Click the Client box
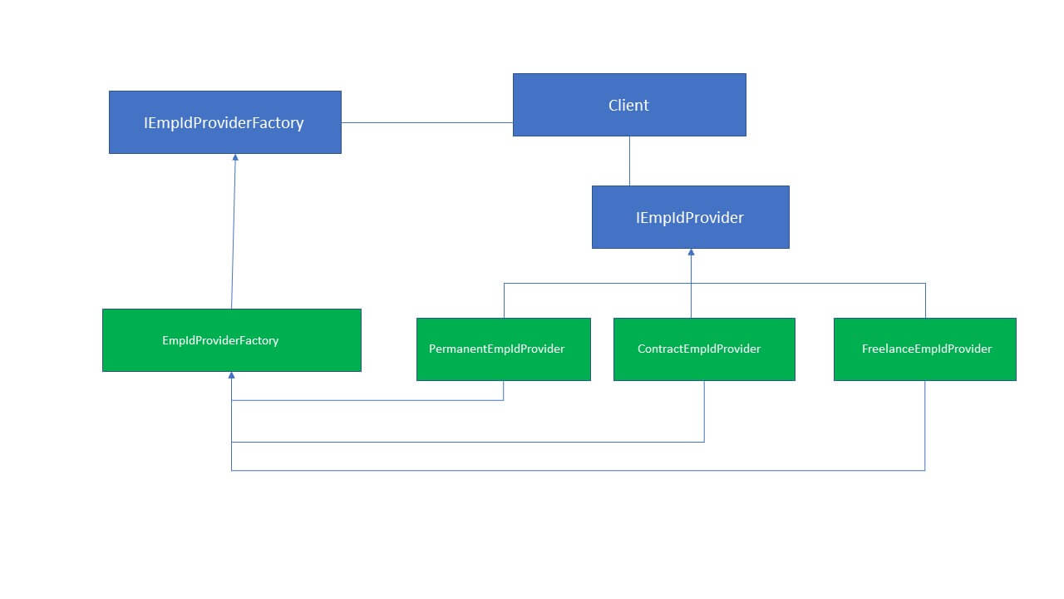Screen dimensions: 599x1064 pos(629,105)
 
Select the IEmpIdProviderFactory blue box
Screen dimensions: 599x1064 pos(224,122)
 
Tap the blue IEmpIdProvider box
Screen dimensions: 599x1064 pos(690,217)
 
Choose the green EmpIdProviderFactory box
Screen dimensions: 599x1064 pos(231,340)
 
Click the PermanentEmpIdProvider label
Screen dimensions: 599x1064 pos(496,349)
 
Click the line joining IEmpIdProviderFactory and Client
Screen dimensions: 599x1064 pos(426,122)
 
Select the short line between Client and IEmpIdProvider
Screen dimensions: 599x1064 pos(629,161)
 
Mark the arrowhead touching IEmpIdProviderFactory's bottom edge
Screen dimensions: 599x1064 pos(235,157)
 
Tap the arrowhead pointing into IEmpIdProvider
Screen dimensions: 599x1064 pos(691,252)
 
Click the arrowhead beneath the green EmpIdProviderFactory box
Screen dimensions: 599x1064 pos(232,376)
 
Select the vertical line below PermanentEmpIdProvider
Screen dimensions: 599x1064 pos(504,390)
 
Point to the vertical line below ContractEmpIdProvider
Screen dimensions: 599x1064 pos(704,411)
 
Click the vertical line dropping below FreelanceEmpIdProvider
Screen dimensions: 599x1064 pos(925,425)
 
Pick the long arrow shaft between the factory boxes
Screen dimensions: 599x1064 pos(234,233)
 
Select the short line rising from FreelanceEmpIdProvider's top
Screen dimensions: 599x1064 pos(925,300)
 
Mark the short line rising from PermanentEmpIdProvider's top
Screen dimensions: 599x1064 pos(504,300)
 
